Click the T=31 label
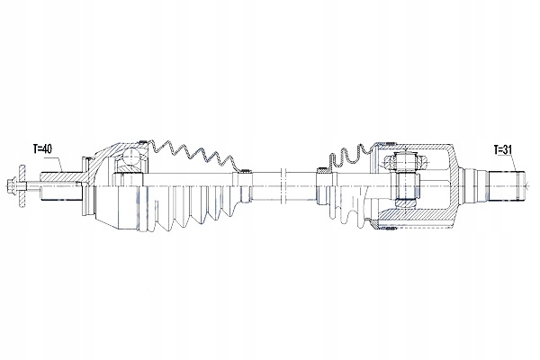pos(504,148)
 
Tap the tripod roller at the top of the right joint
pos(400,163)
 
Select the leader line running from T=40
pos(56,162)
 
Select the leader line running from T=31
pos(511,162)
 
